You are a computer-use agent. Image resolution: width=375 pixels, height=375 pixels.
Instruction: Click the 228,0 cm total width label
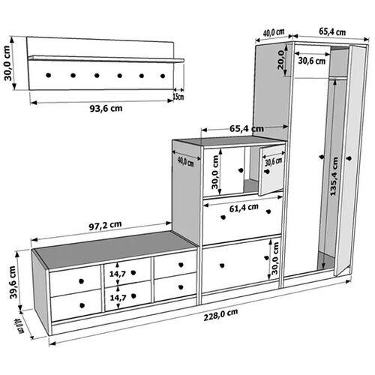coord(220,315)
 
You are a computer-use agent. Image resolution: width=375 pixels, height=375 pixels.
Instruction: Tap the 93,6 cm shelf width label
coord(106,109)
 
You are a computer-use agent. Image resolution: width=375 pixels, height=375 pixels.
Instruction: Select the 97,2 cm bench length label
coord(105,225)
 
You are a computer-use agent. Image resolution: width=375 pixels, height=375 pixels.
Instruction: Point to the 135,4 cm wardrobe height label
coord(334,176)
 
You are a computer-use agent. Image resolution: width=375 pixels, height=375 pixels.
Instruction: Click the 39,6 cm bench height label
coord(13,282)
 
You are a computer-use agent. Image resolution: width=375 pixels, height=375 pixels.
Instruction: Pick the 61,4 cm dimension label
coord(244,208)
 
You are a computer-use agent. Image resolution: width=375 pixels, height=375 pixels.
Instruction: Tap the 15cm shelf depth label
coord(178,97)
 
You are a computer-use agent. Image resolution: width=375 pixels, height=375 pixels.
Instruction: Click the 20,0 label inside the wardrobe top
coord(280,60)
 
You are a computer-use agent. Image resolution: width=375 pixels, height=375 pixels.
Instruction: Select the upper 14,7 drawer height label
coord(118,274)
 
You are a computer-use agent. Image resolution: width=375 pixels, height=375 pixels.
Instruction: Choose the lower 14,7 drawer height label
coord(118,298)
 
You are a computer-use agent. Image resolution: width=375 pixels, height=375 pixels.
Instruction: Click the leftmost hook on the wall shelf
coord(49,75)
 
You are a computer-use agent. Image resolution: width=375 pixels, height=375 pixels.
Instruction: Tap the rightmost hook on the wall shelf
coord(163,76)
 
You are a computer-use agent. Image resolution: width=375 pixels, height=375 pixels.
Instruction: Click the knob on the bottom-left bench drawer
coord(82,305)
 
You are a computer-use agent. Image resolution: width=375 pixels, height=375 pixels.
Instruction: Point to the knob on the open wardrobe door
coord(349,158)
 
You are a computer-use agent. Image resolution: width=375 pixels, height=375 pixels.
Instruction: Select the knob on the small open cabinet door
coord(267,172)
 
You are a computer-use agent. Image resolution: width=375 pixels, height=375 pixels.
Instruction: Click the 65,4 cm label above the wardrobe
coord(332,31)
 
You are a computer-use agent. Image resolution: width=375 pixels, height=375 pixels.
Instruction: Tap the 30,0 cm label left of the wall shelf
coord(7,63)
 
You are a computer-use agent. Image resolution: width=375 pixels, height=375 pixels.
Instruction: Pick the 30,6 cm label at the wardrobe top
coord(312,61)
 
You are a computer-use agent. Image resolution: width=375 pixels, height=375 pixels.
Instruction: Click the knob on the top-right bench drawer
coord(181,265)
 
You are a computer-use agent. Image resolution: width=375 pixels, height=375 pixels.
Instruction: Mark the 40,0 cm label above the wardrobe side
coord(274,32)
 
